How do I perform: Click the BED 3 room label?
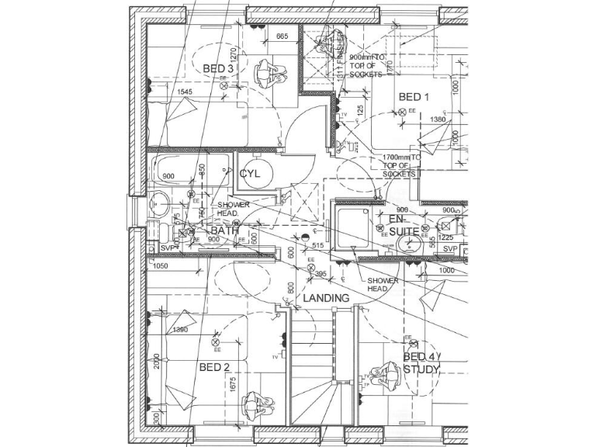218,69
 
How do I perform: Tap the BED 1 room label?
414,97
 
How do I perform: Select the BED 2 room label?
214,367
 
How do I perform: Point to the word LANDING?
326,298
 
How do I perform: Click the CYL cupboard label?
250,174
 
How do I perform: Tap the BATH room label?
225,230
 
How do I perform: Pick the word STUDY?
421,369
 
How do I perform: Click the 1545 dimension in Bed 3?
185,92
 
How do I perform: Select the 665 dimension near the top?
282,36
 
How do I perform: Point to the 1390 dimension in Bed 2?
180,330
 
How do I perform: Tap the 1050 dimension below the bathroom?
161,266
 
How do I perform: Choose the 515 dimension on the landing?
317,246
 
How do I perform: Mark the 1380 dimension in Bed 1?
438,120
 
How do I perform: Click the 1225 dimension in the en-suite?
445,237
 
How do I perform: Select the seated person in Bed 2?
254,405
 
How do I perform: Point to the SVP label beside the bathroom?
166,248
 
